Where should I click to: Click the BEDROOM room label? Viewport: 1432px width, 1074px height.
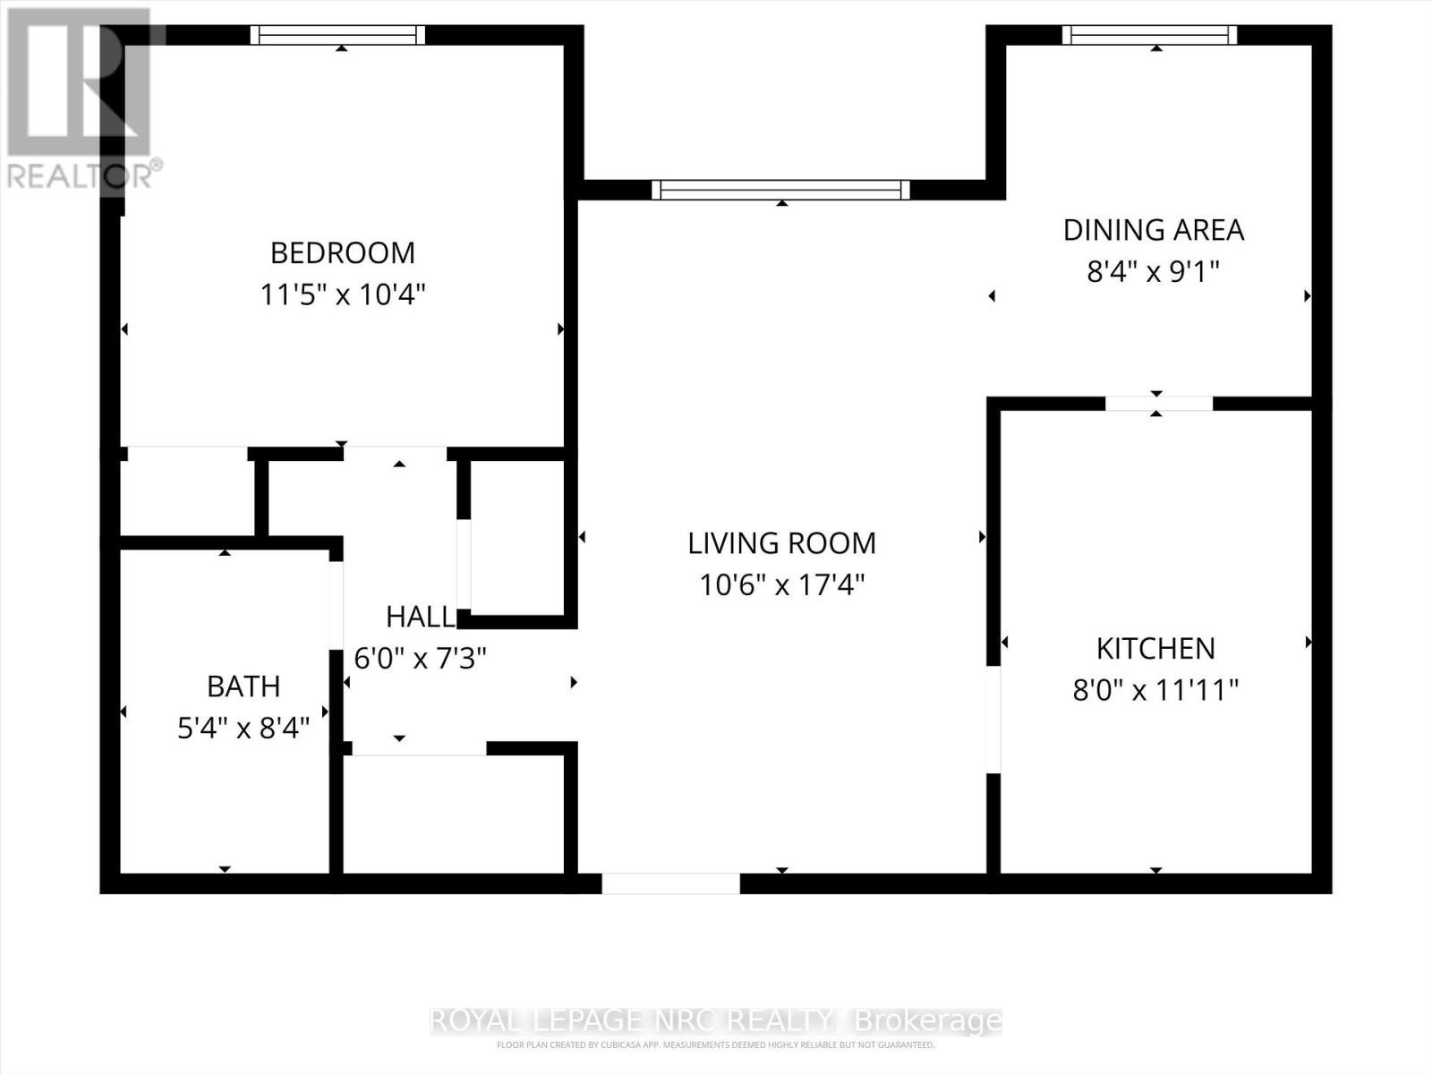[x=343, y=253]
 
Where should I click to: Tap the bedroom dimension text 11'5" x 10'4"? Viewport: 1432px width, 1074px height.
[x=343, y=294]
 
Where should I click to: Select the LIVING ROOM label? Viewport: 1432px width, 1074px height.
[x=781, y=543]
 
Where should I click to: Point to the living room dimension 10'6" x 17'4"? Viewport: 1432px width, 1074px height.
[x=781, y=585]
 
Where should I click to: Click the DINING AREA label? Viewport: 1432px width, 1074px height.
[x=1153, y=230]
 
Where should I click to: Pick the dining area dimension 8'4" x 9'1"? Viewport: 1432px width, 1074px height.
[x=1153, y=271]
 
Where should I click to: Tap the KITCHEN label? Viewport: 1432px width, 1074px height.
[x=1155, y=649]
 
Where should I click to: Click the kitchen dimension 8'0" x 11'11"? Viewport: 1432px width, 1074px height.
[x=1155, y=691]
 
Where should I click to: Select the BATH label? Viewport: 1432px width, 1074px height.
[x=243, y=686]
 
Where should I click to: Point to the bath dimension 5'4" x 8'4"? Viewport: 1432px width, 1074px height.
[x=243, y=729]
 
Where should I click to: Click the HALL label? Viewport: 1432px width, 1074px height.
[x=420, y=617]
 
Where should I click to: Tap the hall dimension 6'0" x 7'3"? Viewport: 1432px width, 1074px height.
[x=420, y=659]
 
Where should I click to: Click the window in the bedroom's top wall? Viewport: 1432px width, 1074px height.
[x=337, y=35]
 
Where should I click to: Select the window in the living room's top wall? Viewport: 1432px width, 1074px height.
[x=780, y=190]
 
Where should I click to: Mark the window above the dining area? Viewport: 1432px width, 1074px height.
[x=1149, y=35]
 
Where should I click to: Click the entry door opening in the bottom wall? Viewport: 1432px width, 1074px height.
[x=670, y=883]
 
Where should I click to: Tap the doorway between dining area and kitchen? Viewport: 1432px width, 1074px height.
[x=1159, y=404]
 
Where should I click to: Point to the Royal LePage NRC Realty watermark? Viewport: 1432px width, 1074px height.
[x=716, y=1020]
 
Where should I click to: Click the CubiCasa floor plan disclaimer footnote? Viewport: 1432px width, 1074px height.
[x=716, y=1045]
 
